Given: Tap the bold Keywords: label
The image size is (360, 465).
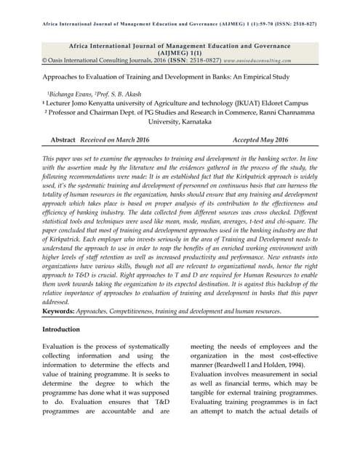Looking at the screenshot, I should pyautogui.click(x=63, y=312).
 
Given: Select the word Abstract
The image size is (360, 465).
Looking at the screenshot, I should pyautogui.click(x=64, y=139).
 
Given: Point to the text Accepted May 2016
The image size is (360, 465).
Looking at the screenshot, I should pyautogui.click(x=260, y=139).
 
